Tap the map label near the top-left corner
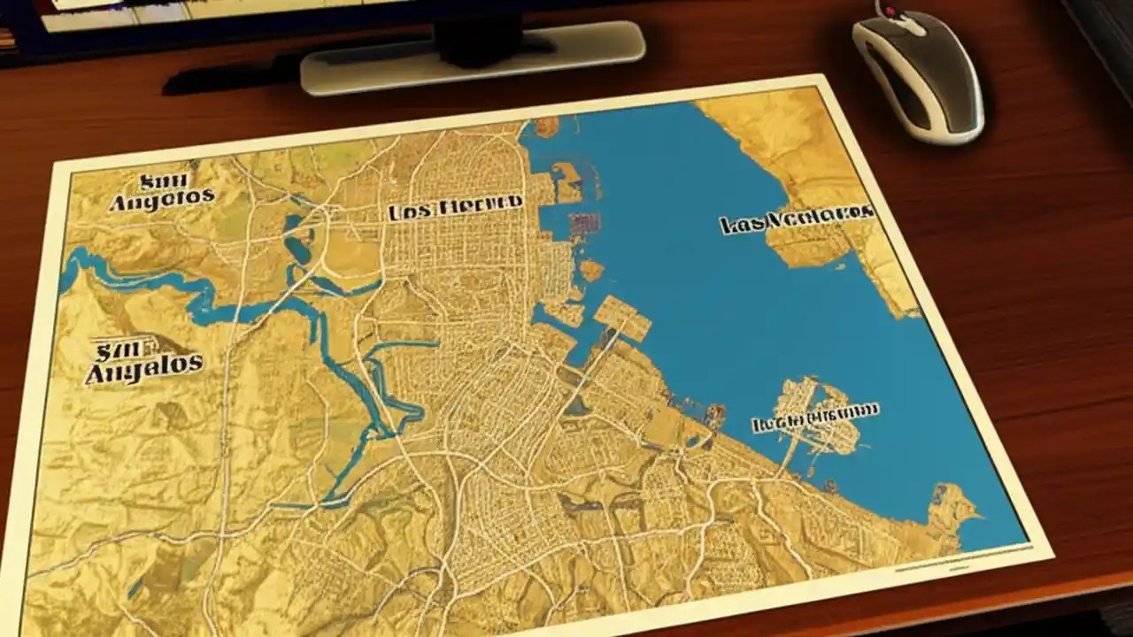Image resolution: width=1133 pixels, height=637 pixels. pyautogui.click(x=161, y=193)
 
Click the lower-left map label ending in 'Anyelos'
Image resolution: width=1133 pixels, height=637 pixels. pyautogui.click(x=143, y=364)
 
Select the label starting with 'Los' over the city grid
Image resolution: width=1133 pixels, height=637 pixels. pyautogui.click(x=455, y=208)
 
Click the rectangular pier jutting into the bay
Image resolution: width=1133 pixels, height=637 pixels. pyautogui.click(x=622, y=318)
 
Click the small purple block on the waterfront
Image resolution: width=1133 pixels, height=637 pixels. pyautogui.click(x=580, y=226)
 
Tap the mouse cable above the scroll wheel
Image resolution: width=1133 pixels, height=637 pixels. pyautogui.click(x=885, y=4)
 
